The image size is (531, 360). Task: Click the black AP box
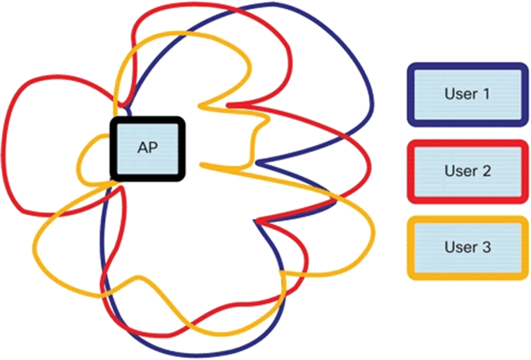tap(147, 149)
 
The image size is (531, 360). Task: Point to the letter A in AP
tap(142, 149)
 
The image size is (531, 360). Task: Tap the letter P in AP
tap(152, 149)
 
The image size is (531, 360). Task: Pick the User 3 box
tap(464, 247)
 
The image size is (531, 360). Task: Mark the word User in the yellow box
tap(458, 247)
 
